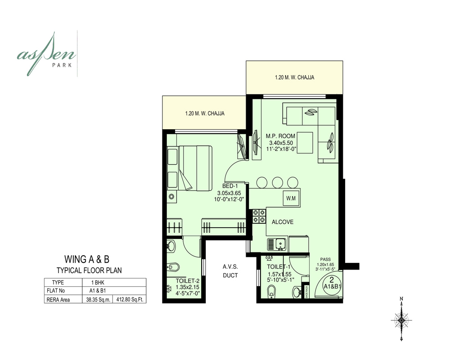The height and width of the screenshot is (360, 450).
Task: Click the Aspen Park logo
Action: (x=47, y=54)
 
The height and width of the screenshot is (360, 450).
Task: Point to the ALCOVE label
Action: (x=282, y=222)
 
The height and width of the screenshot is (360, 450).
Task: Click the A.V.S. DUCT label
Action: (x=230, y=271)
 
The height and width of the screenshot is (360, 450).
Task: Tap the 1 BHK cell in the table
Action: (x=96, y=283)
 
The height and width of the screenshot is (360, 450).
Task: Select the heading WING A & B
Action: (x=87, y=259)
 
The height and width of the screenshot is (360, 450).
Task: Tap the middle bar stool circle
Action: (x=277, y=182)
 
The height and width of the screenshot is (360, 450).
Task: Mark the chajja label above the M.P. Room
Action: (x=294, y=77)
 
